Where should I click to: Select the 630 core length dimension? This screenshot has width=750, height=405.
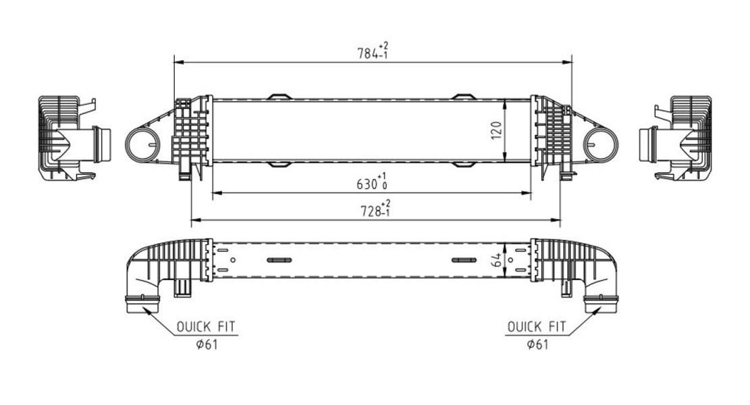[372, 182]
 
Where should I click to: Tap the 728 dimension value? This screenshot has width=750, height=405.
[375, 209]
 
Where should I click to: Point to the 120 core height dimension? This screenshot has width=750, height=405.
[496, 130]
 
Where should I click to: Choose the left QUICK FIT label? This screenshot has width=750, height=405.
[206, 327]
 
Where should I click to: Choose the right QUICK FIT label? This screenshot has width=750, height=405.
[536, 327]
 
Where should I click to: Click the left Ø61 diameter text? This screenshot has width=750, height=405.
[207, 344]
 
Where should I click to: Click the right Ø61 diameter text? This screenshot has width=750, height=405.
[537, 344]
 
